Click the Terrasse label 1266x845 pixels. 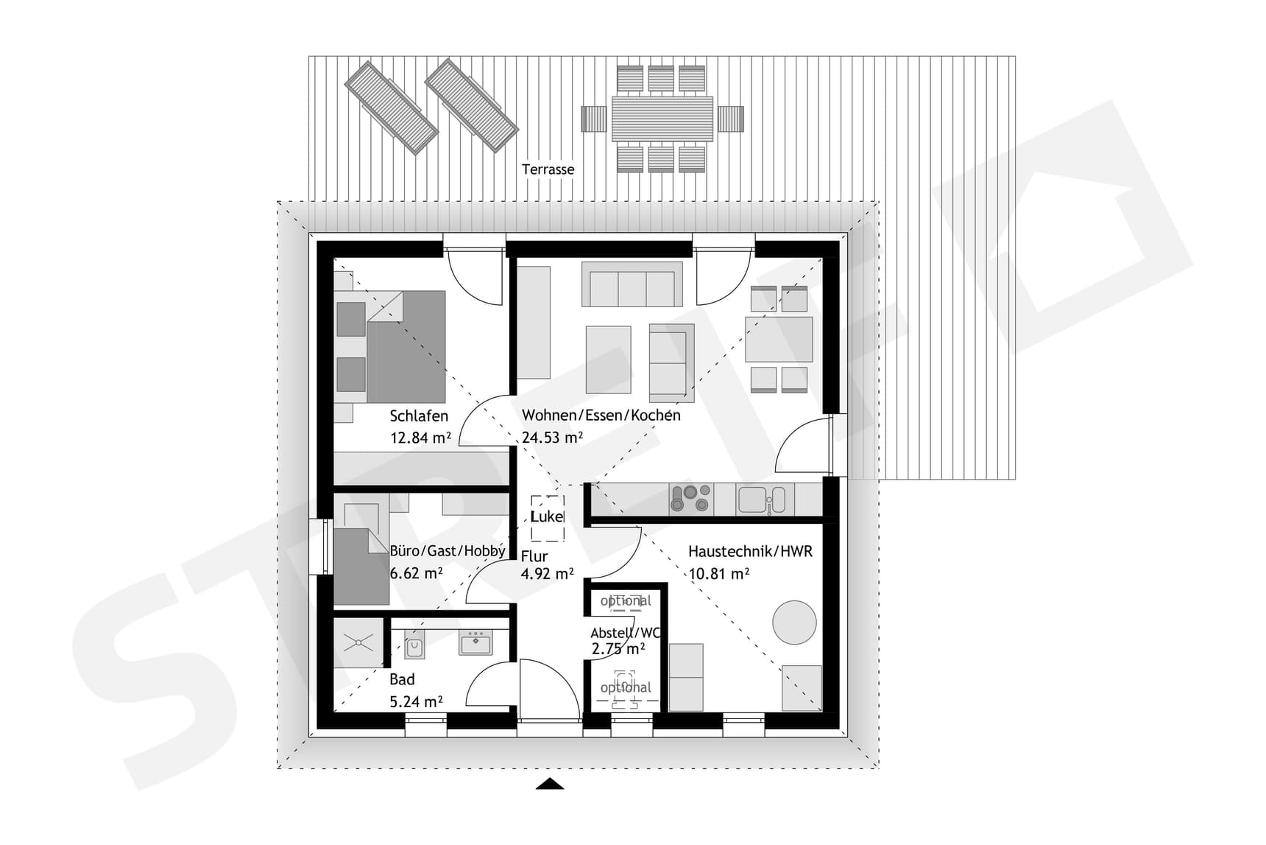pos(548,169)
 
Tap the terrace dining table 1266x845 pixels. pos(662,119)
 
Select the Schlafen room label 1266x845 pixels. pos(419,416)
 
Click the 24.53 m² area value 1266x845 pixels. pos(552,438)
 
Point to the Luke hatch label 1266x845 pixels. pos(547,516)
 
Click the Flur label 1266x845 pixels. pos(534,556)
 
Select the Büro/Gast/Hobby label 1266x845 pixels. pos(448,551)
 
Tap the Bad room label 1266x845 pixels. pos(402,679)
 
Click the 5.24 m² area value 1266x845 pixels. pos(416,701)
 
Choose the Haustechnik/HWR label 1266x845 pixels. pos(750,551)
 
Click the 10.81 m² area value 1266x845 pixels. pos(718,573)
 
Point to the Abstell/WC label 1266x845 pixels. pos(626,633)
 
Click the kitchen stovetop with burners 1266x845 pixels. pos(690,498)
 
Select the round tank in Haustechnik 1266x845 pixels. pos(794,623)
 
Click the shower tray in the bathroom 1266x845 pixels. pos(358,642)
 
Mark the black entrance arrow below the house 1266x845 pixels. pos(549,784)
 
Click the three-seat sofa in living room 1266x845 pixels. pos(632,284)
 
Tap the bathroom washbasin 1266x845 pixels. pos(475,643)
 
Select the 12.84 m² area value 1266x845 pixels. pos(420,438)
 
